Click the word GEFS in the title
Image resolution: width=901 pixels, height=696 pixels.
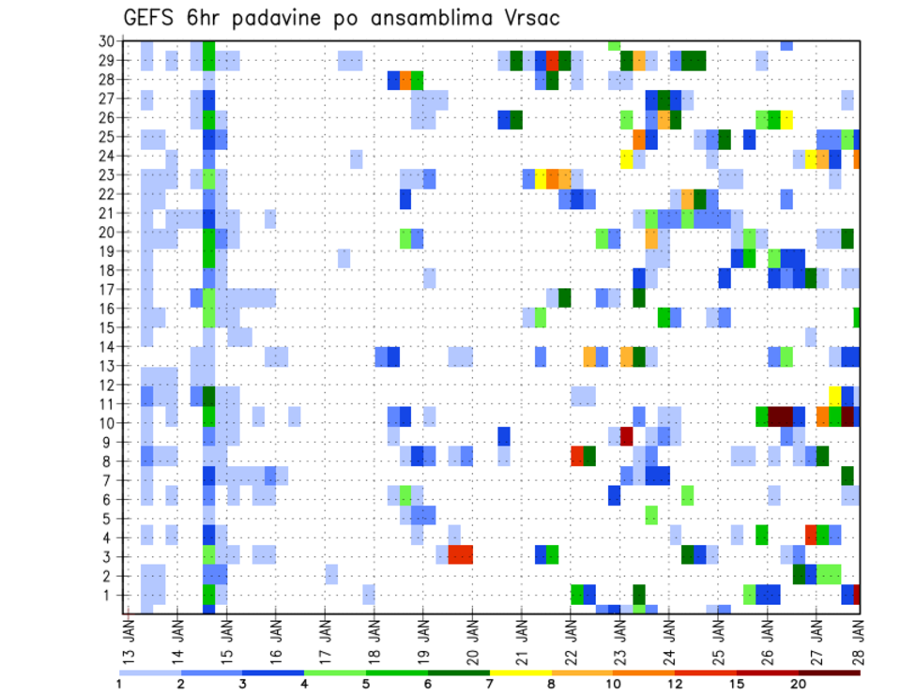tap(151, 19)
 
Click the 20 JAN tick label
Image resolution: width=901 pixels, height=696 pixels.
tap(473, 638)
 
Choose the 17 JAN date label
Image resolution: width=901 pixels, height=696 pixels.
tap(326, 638)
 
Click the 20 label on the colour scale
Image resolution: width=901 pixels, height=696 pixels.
tap(799, 684)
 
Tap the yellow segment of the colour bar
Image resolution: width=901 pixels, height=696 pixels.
tap(521, 672)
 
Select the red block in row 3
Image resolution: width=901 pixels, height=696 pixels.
tap(460, 554)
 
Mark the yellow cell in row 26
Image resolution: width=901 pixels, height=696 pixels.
tap(786, 119)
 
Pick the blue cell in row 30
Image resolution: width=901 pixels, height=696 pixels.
tap(786, 45)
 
